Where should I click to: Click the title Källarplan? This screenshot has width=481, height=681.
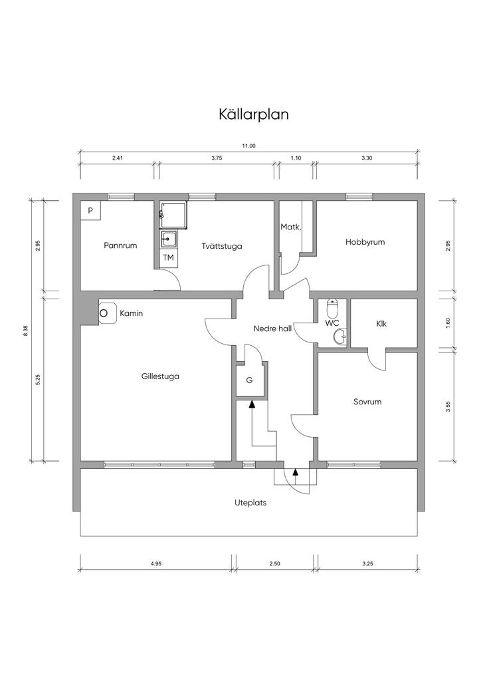point(253,114)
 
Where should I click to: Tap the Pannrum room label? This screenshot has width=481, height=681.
point(120,245)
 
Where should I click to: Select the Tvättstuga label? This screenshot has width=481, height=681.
point(222,246)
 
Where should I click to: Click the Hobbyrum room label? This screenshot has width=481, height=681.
point(365,242)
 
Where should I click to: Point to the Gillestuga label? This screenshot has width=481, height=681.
point(160,376)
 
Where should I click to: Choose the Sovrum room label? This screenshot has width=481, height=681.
point(367,402)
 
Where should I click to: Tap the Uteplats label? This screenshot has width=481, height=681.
point(250,503)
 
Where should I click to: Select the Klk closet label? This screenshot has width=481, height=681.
point(381,324)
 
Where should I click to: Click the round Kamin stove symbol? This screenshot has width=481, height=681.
point(104,313)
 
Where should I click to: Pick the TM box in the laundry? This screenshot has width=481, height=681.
point(168,257)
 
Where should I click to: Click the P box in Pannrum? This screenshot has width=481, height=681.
point(90,210)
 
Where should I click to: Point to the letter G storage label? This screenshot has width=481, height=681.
point(249,381)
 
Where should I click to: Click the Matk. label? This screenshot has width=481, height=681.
point(291,227)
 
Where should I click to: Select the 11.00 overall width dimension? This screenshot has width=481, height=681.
point(248,146)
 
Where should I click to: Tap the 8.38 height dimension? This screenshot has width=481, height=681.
point(25,331)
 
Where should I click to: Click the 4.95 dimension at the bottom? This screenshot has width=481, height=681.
point(156,564)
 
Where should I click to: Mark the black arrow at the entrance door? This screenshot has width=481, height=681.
point(296,473)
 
